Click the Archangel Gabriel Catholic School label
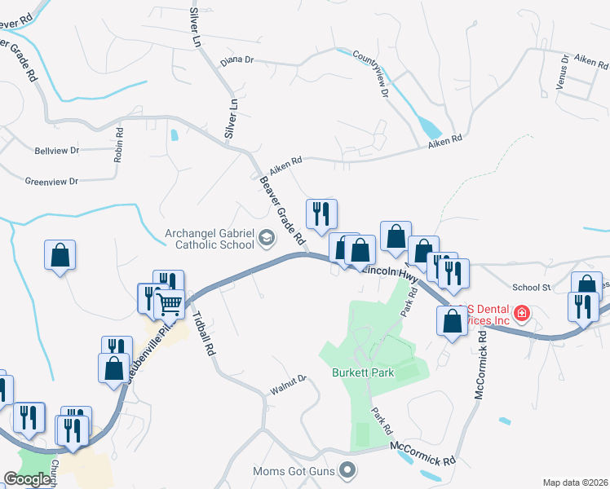click(x=209, y=237)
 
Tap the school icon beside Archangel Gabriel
click(x=267, y=238)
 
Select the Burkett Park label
click(x=363, y=372)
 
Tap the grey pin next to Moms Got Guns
click(x=349, y=469)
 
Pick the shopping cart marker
click(x=169, y=304)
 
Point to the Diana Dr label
click(x=237, y=60)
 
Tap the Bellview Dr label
click(x=57, y=151)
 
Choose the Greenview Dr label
click(x=51, y=181)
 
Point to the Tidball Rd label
click(x=205, y=335)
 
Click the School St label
click(x=532, y=287)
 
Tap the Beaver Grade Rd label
click(x=281, y=211)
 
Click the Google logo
click(x=28, y=479)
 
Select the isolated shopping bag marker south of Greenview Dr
click(x=60, y=256)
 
